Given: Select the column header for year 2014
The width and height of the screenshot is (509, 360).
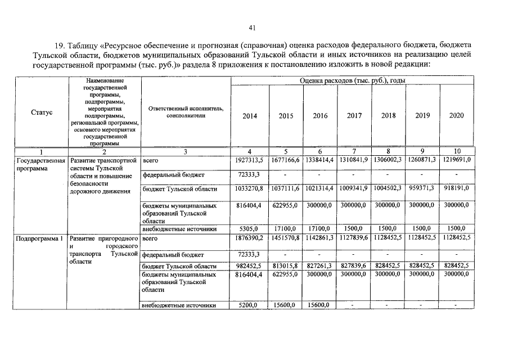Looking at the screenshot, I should [x=250, y=116].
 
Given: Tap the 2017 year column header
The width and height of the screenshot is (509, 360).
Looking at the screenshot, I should [x=354, y=116].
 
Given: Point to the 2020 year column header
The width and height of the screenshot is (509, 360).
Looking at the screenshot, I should [x=457, y=116].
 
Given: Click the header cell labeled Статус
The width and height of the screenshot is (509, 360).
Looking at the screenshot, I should [x=42, y=112].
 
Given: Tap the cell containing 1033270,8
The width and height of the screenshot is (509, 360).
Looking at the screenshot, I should [x=249, y=188].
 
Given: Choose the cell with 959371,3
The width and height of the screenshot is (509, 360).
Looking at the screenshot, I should [x=422, y=188].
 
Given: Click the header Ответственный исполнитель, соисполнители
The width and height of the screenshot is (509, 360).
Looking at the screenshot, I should [x=186, y=112].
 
